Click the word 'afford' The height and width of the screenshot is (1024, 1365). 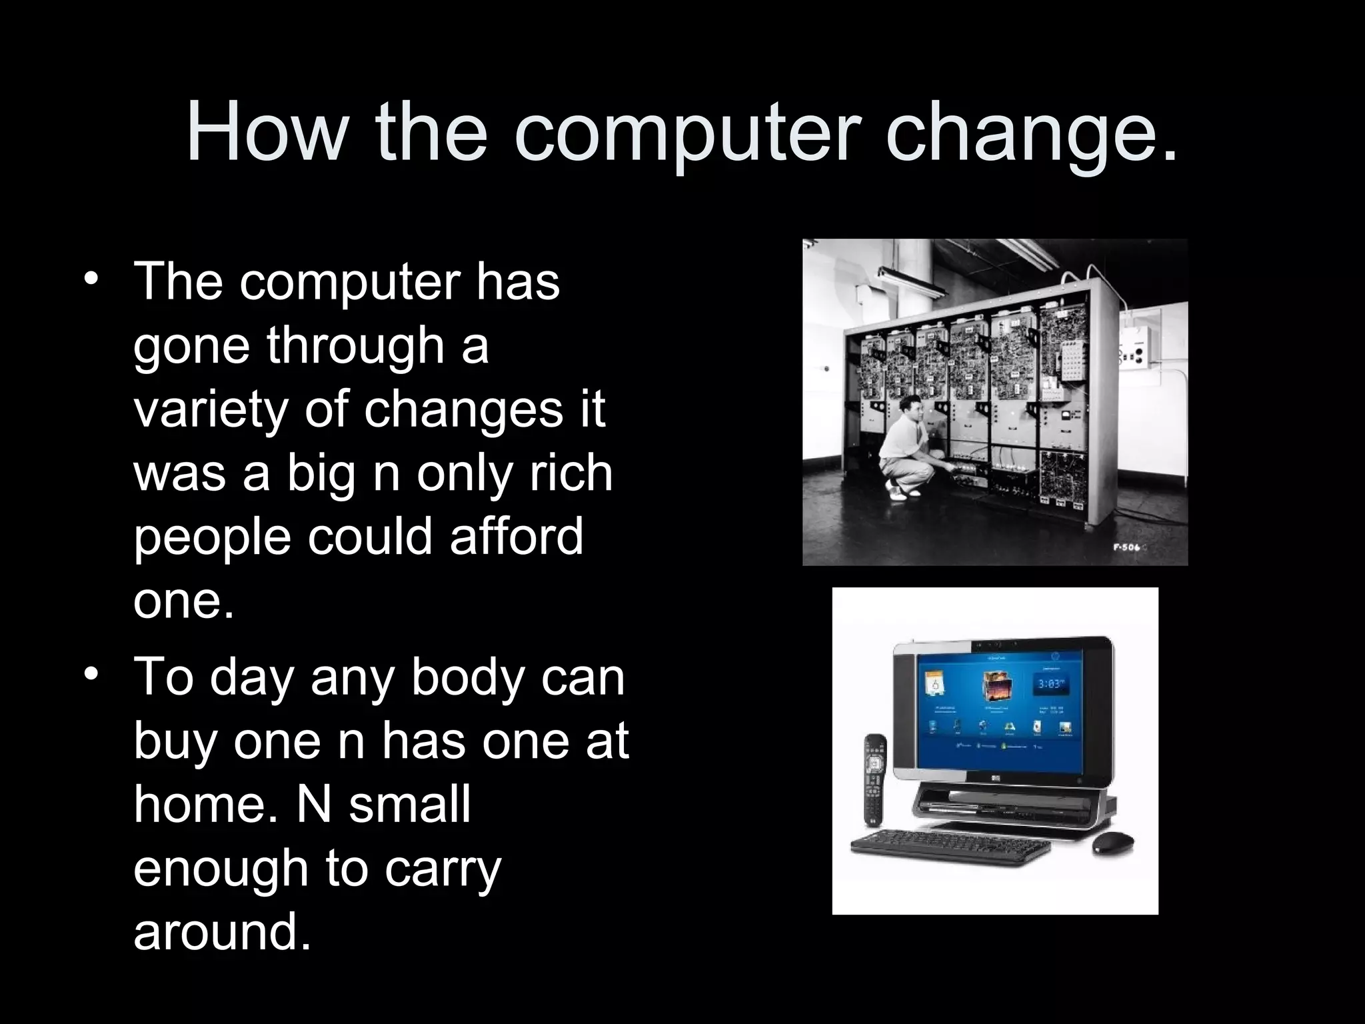tap(516, 537)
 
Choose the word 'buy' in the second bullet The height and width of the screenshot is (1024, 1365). tap(175, 743)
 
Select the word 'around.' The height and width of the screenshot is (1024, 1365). tap(222, 931)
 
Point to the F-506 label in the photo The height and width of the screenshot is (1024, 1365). tap(1126, 547)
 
